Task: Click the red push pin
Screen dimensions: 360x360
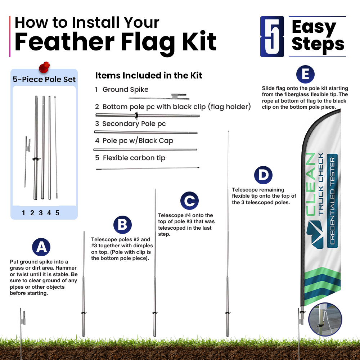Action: (44, 67)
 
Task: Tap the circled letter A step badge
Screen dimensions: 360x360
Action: (41, 247)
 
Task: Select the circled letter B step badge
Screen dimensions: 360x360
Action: (123, 225)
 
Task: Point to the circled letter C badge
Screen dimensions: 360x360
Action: (189, 201)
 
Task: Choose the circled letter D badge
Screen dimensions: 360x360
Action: (264, 175)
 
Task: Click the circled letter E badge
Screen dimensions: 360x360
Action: (305, 74)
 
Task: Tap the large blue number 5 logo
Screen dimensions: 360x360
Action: (272, 36)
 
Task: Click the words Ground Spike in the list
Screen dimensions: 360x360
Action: (125, 89)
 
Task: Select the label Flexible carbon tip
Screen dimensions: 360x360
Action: (134, 158)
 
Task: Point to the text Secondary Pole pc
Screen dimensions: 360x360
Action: (134, 124)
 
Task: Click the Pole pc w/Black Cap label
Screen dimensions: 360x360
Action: (138, 140)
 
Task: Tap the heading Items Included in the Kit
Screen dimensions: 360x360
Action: (149, 75)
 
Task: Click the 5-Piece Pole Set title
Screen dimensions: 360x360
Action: (44, 79)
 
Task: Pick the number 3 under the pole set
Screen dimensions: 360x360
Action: (41, 213)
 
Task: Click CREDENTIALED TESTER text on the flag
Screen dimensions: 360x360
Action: (332, 201)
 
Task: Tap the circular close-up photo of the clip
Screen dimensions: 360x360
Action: (325, 319)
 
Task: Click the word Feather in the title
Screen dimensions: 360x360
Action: (64, 42)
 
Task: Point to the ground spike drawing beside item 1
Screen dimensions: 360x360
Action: (159, 96)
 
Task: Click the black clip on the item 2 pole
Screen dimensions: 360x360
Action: (136, 116)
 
